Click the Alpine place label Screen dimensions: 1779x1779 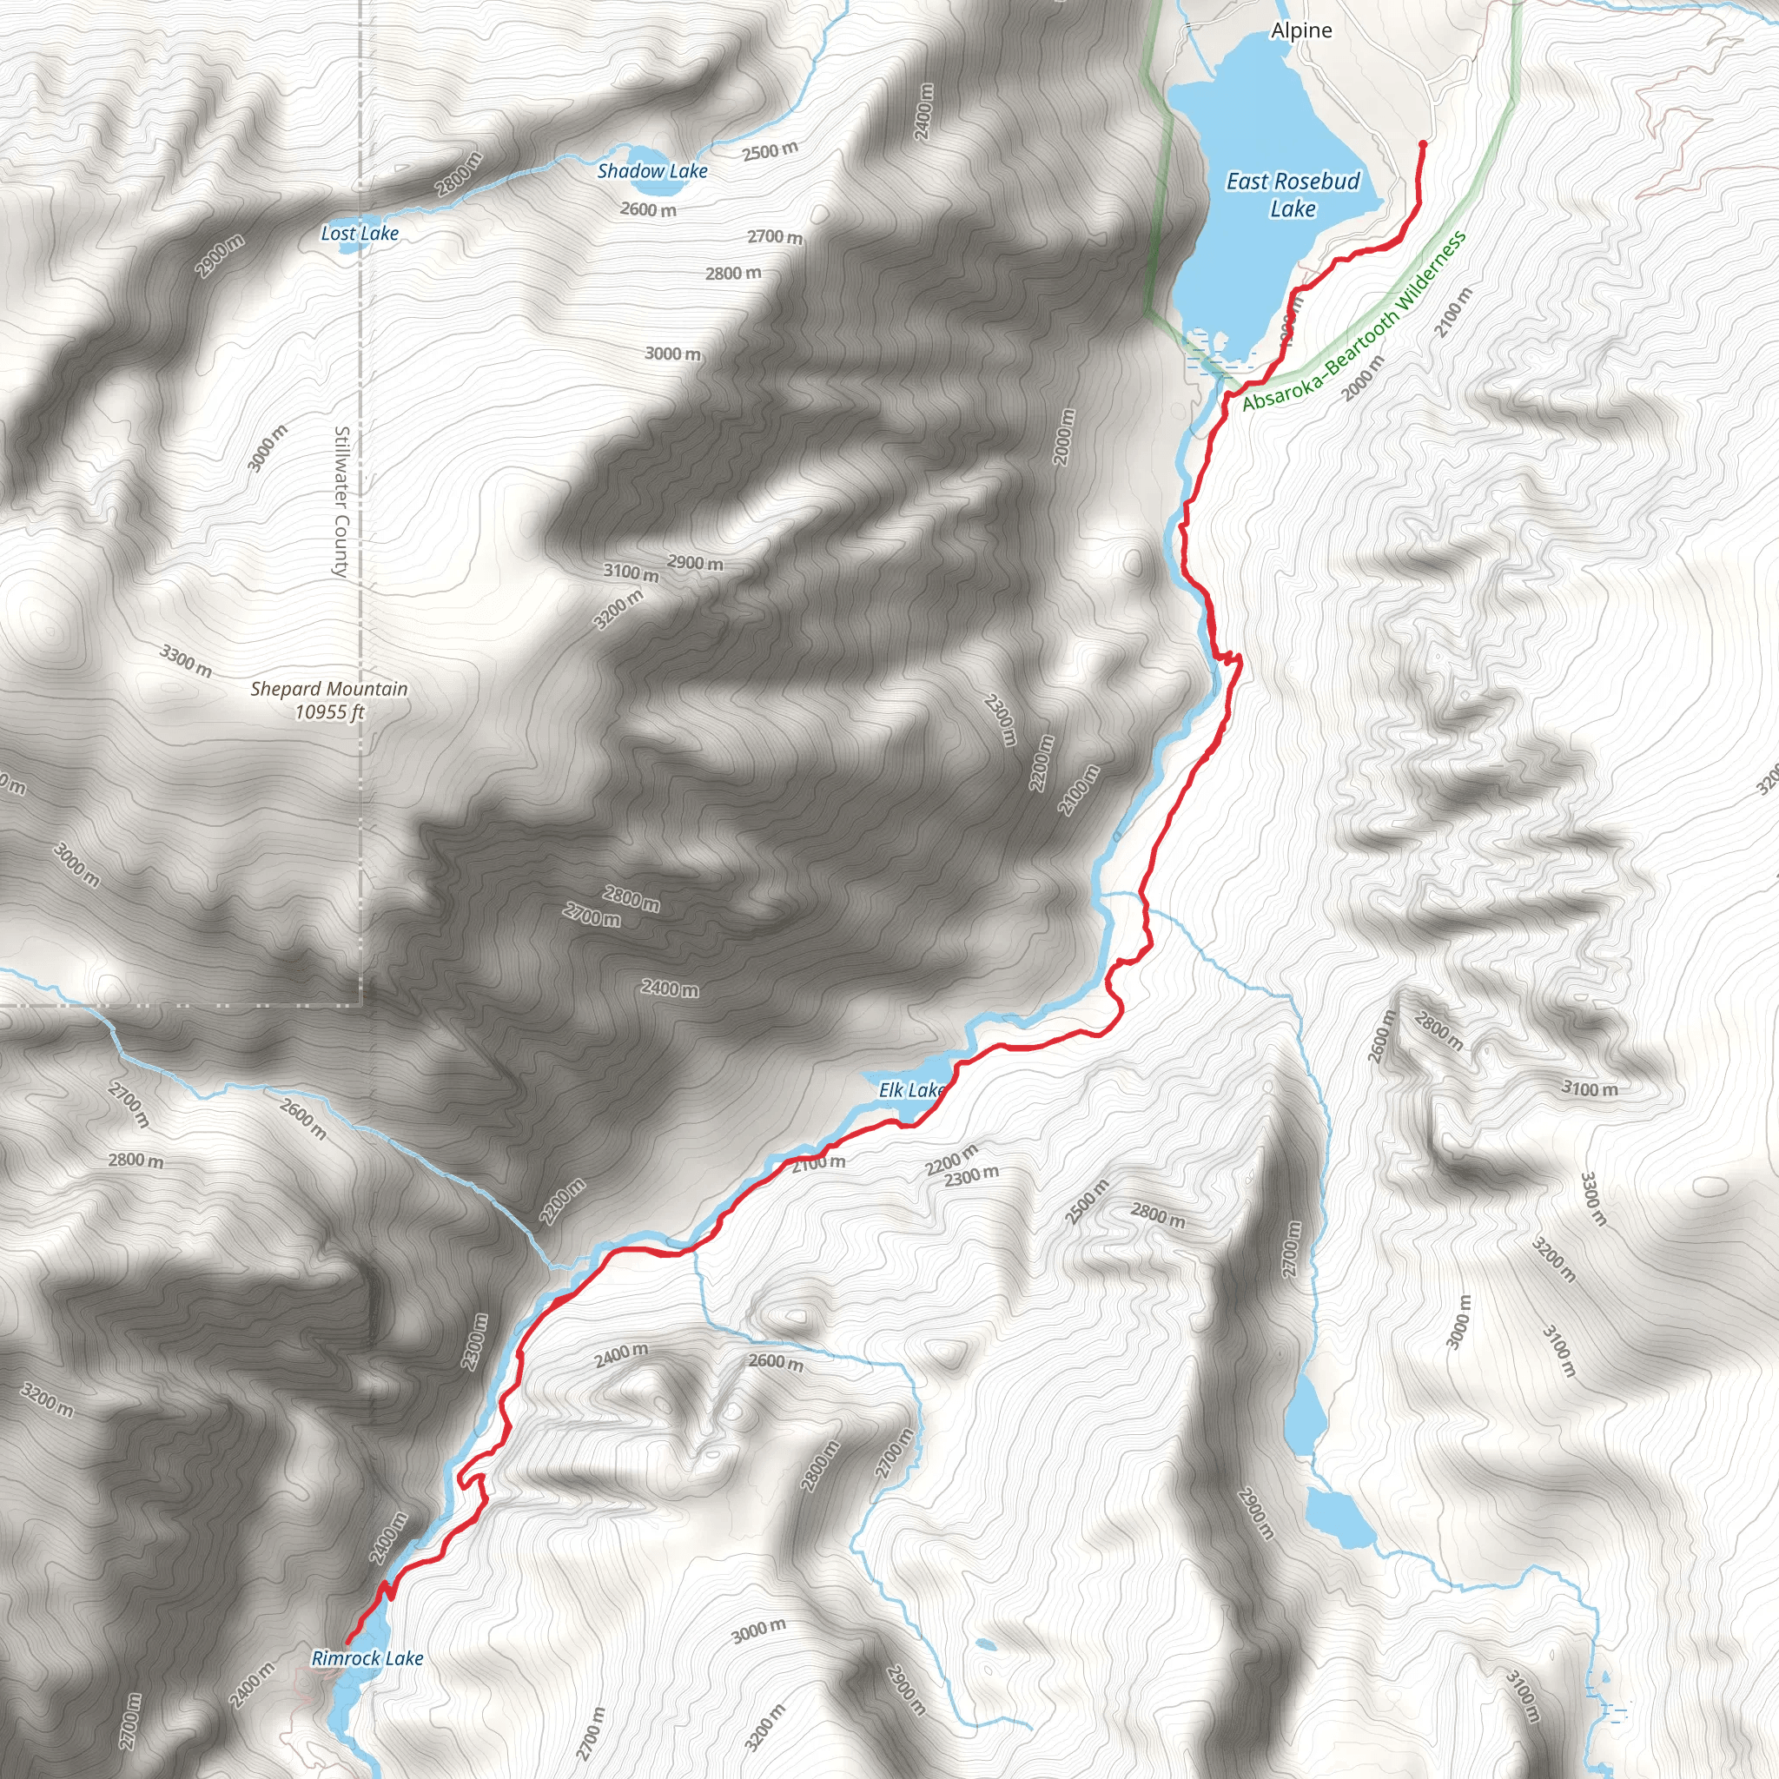coord(1301,30)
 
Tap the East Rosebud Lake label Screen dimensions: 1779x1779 coord(1293,195)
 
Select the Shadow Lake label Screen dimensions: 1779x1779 coord(652,170)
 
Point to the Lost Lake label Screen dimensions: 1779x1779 coord(359,233)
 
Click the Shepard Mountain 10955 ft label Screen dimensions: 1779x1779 coord(328,700)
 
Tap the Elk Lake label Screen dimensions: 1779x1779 coord(910,1090)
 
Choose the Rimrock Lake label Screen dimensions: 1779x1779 coord(367,1658)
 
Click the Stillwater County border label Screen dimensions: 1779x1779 coord(341,502)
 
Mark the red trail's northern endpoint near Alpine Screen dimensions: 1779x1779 coord(1423,144)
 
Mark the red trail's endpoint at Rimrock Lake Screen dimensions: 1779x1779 coord(348,1642)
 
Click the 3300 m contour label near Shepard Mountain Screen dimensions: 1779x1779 coord(186,660)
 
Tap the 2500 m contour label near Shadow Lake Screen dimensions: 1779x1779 coord(770,151)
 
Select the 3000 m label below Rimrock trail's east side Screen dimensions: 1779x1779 coord(758,1630)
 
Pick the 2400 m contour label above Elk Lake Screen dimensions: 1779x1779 coord(670,989)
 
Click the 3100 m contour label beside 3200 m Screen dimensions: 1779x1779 coord(631,572)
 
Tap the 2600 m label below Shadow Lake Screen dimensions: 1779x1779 coord(648,210)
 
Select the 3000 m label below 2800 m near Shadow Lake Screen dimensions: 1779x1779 coord(672,353)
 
